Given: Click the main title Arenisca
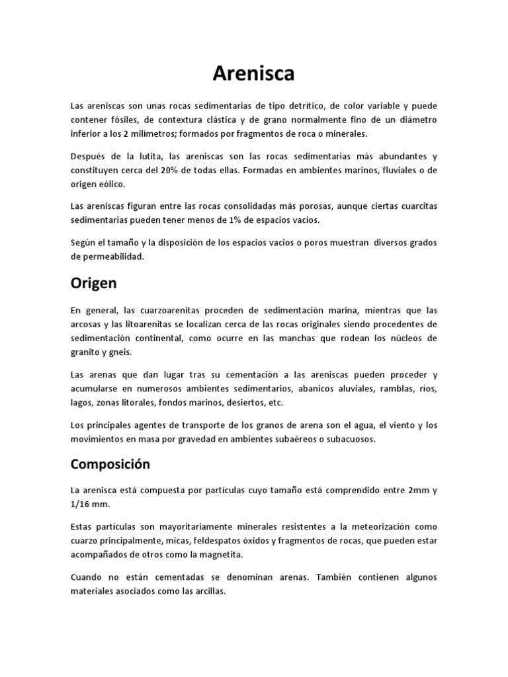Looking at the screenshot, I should point(253,74).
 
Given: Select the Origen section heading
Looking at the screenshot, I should point(93,283).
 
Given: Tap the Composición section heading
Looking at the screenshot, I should point(110,464).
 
